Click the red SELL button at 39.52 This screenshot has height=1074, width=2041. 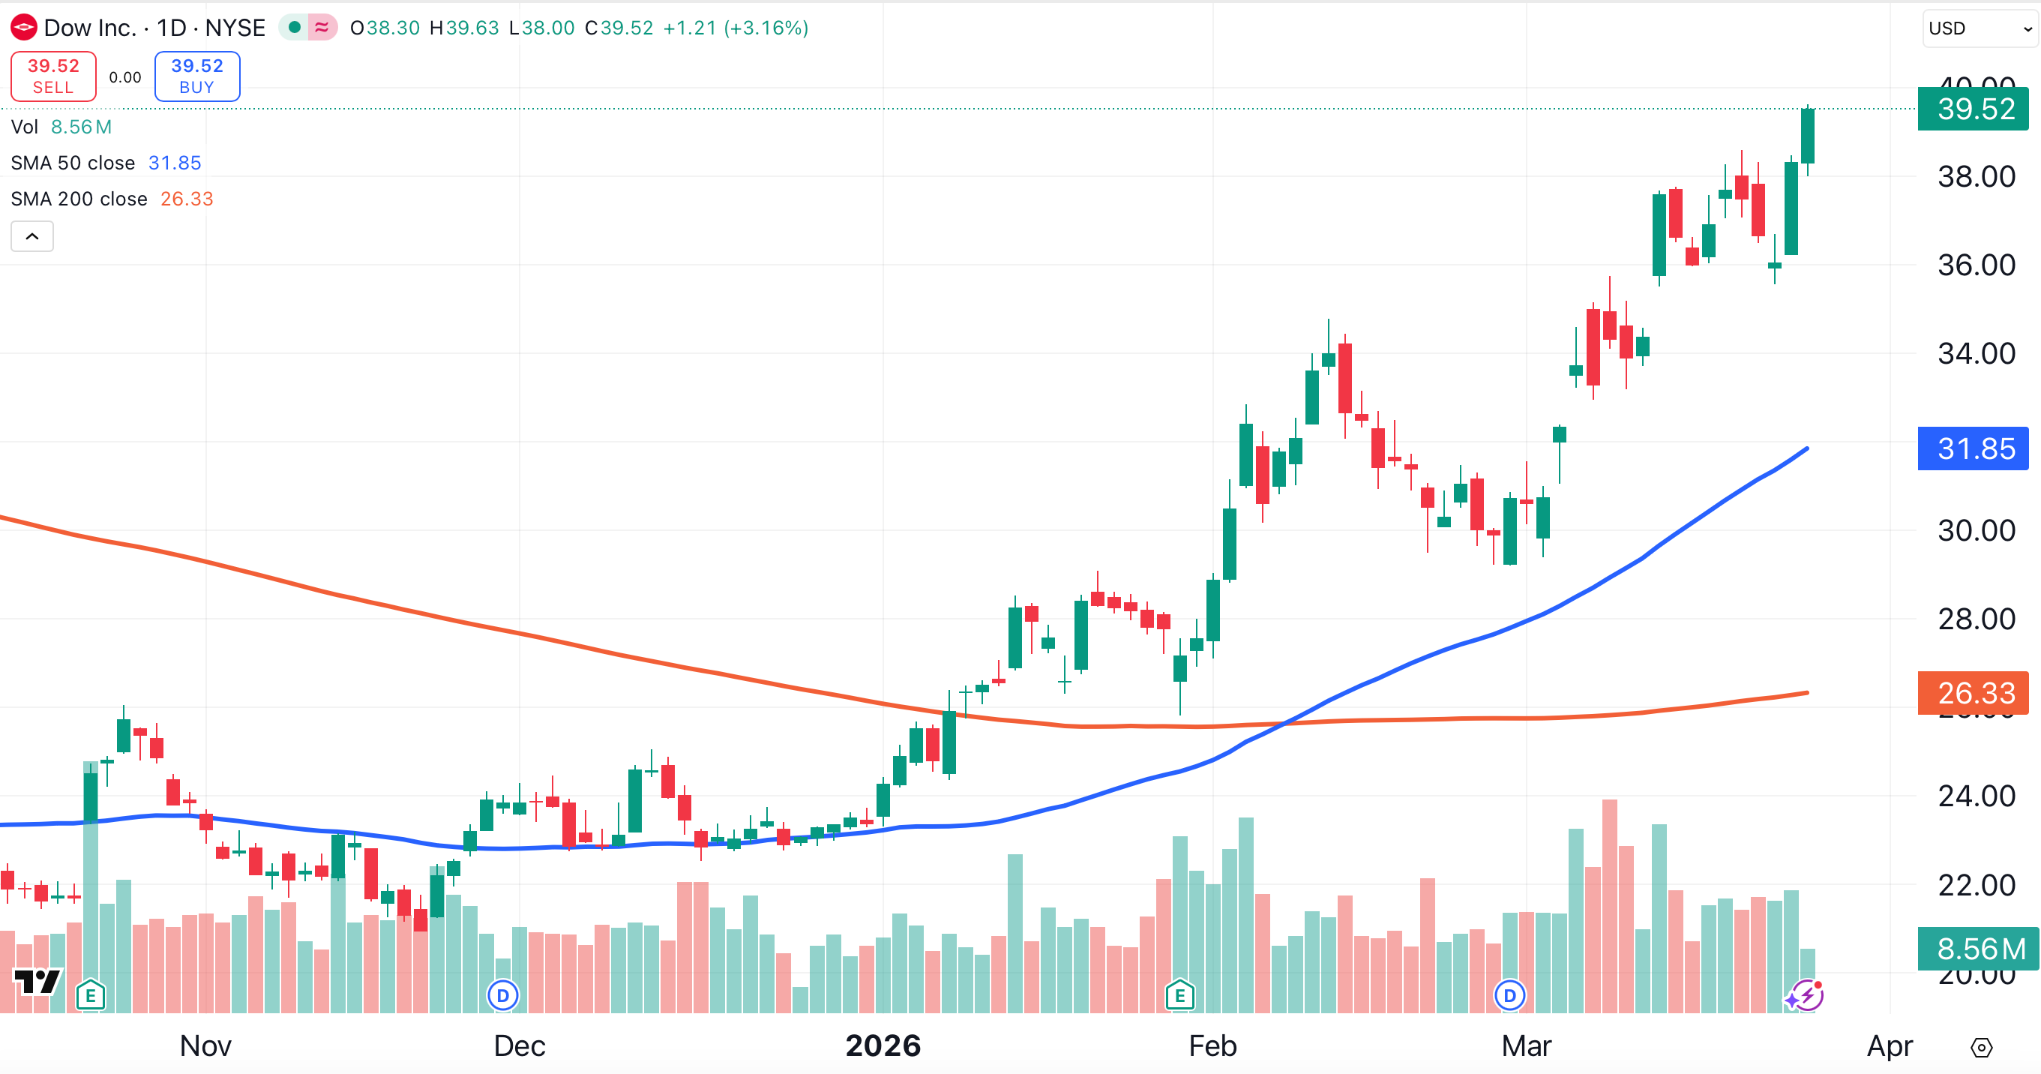click(53, 76)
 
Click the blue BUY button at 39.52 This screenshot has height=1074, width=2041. click(196, 76)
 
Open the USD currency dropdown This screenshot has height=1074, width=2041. click(1979, 28)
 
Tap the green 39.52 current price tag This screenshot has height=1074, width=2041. click(1974, 109)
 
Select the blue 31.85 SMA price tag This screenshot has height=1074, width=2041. click(1974, 448)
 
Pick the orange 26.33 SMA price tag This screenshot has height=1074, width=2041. click(1974, 693)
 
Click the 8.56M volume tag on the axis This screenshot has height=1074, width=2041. click(1979, 948)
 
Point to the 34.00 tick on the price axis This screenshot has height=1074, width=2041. click(1976, 353)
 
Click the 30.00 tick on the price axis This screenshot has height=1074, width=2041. click(1976, 530)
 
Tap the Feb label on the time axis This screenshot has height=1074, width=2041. click(1212, 1046)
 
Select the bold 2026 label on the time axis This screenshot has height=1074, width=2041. click(883, 1046)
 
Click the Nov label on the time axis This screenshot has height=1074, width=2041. click(205, 1046)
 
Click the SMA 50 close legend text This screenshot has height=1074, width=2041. click(73, 163)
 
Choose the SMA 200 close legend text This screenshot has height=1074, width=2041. click(79, 199)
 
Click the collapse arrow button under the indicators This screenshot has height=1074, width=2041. click(31, 236)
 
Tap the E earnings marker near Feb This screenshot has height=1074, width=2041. click(1179, 994)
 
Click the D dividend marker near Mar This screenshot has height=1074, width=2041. click(1509, 994)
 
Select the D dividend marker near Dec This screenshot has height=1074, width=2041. click(502, 994)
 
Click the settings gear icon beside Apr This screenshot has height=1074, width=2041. click(1981, 1047)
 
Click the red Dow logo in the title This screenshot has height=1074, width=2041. click(23, 28)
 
